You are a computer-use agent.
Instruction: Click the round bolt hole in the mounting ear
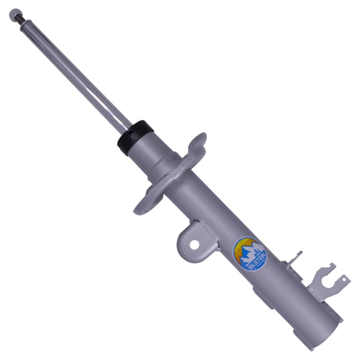(x=194, y=244)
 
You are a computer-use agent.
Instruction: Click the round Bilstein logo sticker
(x=250, y=254)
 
